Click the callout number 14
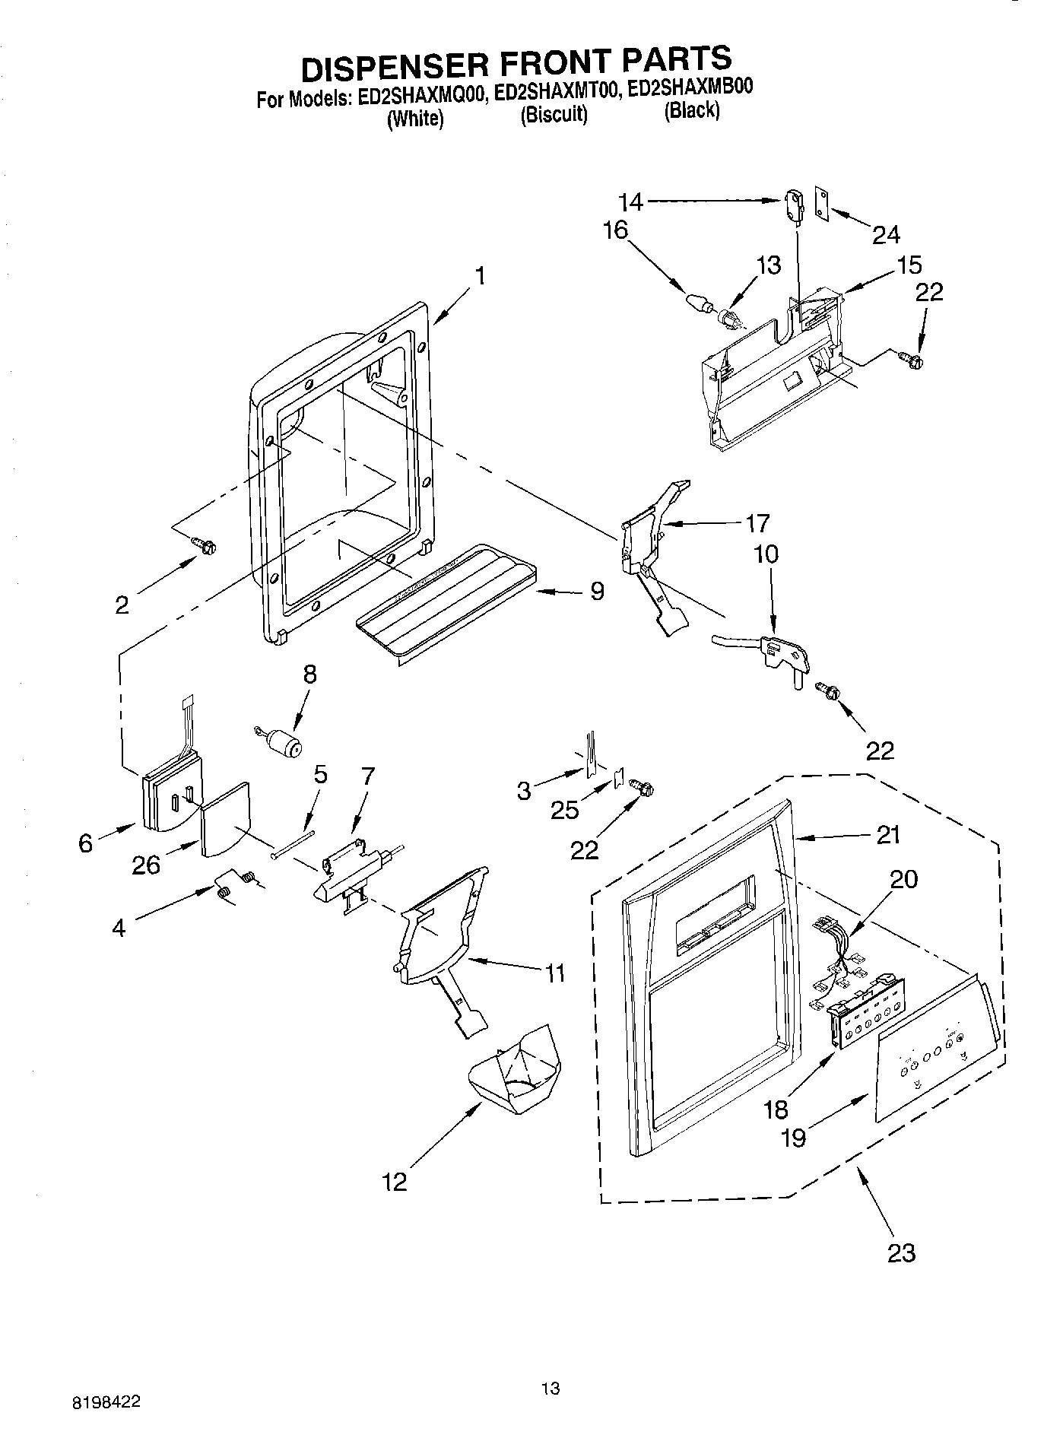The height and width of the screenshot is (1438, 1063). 630,202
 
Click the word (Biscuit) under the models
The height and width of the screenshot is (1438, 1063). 554,115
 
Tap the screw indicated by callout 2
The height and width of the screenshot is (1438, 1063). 205,544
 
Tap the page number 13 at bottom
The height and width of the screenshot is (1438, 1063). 551,1389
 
